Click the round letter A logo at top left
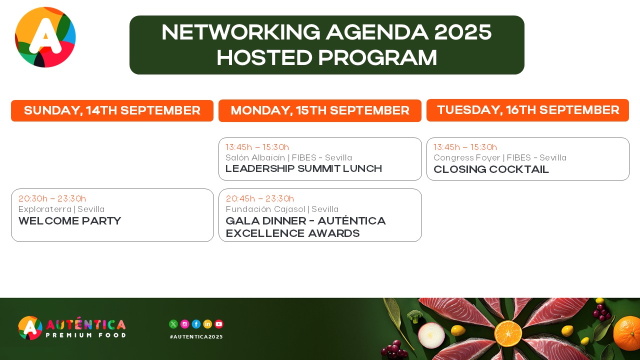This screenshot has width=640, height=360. [45, 37]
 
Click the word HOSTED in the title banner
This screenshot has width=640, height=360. [264, 57]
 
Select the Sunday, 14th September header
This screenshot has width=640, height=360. [112, 110]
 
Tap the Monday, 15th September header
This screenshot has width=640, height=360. [320, 110]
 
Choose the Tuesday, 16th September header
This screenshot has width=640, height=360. [527, 110]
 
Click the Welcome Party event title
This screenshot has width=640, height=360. [69, 221]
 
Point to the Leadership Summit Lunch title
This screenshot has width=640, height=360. [303, 168]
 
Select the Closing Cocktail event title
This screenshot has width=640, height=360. [491, 169]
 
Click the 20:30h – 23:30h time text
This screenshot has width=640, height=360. [52, 198]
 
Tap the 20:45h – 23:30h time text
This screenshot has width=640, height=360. [259, 198]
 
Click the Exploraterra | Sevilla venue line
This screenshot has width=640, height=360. [61, 209]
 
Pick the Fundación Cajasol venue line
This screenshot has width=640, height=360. [282, 209]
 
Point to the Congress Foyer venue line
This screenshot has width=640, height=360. [500, 157]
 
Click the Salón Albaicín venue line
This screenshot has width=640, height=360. [288, 157]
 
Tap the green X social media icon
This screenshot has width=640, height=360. [173, 324]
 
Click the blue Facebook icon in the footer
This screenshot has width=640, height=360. [196, 324]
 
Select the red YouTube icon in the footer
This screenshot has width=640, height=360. [219, 324]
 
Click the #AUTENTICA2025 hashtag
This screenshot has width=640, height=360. [196, 337]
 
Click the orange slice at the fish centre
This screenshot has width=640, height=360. [508, 333]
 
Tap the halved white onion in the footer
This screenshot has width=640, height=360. [431, 335]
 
